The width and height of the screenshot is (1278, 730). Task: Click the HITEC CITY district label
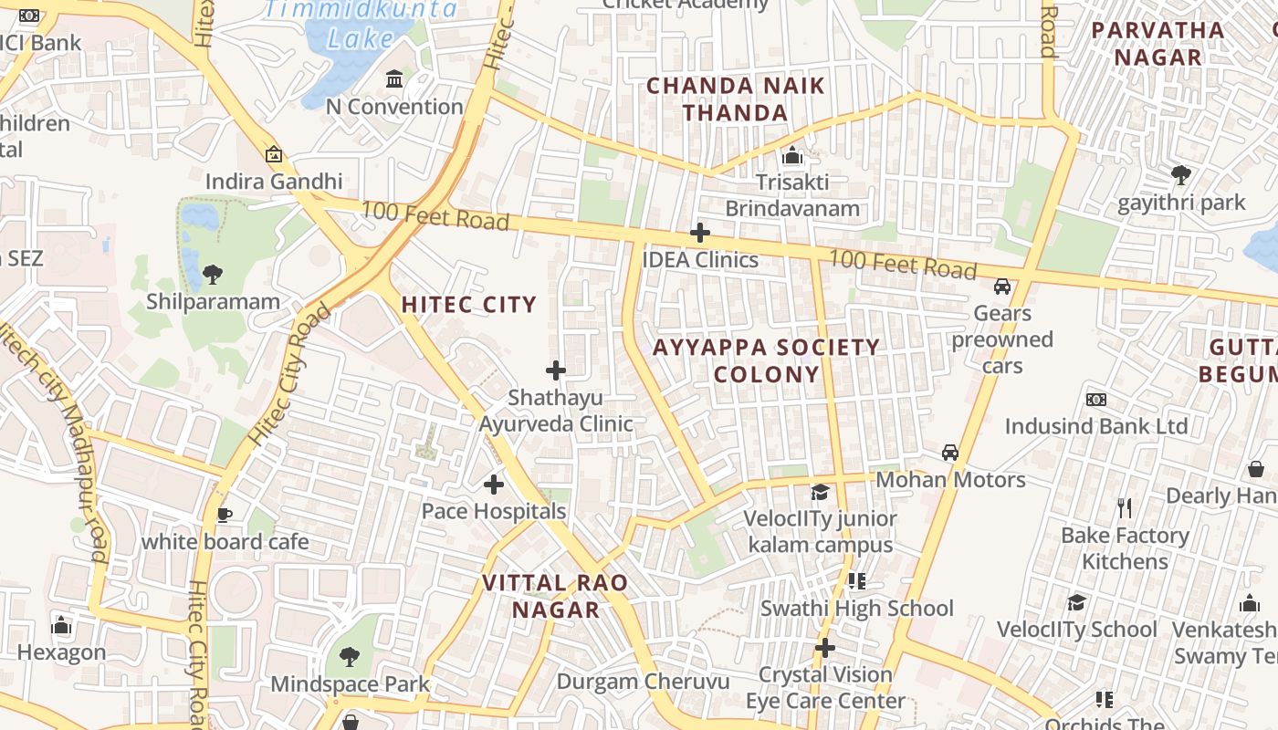click(x=469, y=305)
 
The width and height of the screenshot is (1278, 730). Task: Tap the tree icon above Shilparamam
click(x=212, y=273)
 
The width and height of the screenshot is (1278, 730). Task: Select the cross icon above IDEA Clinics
click(x=700, y=233)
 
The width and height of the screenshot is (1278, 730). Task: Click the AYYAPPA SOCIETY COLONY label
click(x=767, y=360)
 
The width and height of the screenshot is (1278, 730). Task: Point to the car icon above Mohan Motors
click(x=950, y=453)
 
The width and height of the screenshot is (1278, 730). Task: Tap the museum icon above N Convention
click(x=394, y=79)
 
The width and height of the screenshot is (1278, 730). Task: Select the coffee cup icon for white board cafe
click(x=224, y=515)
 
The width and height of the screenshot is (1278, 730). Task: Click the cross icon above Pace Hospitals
click(x=494, y=484)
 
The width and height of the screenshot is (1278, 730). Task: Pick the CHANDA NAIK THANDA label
click(x=736, y=99)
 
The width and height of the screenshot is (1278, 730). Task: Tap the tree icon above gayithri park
click(x=1180, y=173)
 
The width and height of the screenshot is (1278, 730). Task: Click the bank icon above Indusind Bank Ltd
click(x=1096, y=400)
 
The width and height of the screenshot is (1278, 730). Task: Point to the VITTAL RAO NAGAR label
click(x=555, y=596)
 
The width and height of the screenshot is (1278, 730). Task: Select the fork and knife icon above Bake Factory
click(x=1125, y=507)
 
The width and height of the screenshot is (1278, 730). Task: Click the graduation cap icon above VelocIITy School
click(x=1077, y=602)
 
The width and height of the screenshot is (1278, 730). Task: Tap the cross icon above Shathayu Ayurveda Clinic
click(x=555, y=370)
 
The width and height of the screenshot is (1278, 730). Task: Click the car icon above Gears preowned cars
click(x=1002, y=287)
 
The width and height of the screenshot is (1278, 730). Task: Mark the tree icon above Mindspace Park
click(x=349, y=656)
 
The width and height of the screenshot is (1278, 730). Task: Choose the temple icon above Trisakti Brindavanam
click(x=792, y=155)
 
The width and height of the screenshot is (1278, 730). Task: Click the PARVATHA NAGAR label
click(x=1158, y=43)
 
